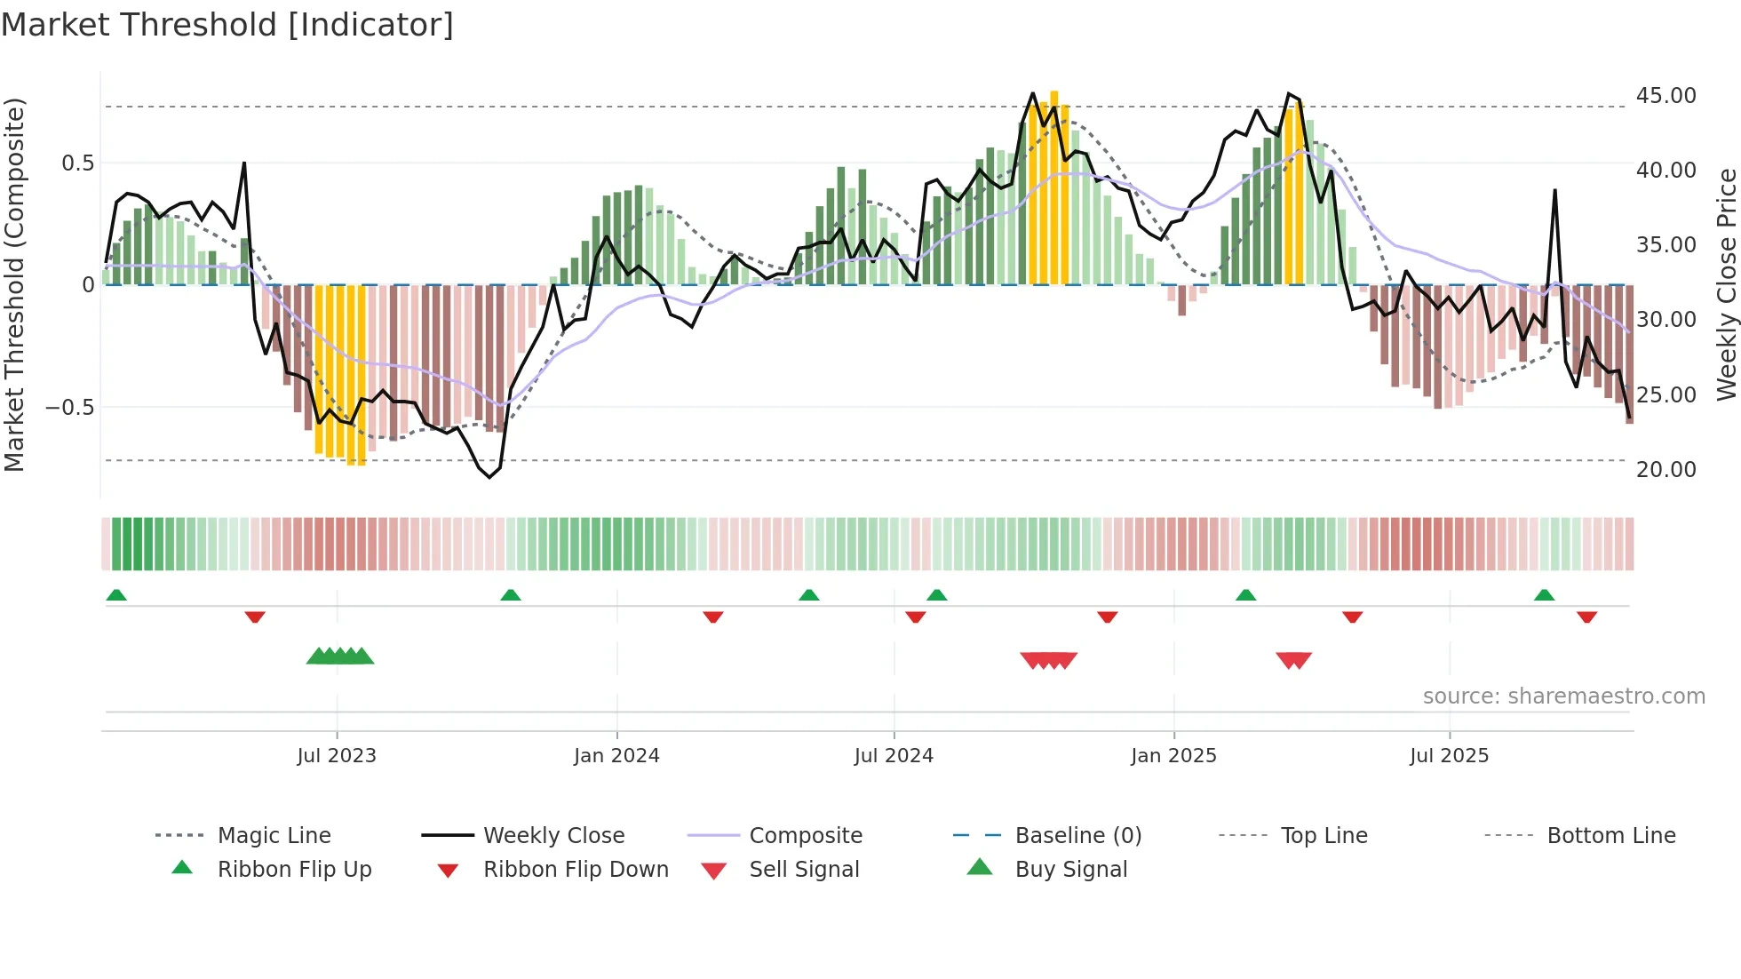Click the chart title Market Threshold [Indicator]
pyautogui.click(x=227, y=25)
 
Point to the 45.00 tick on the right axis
pyautogui.click(x=1665, y=96)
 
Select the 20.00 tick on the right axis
pyautogui.click(x=1665, y=469)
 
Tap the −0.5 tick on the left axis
pyautogui.click(x=69, y=408)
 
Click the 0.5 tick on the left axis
pyautogui.click(x=77, y=163)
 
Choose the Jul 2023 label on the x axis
pyautogui.click(x=337, y=756)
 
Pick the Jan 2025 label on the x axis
pyautogui.click(x=1173, y=756)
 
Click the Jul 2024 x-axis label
pyautogui.click(x=894, y=756)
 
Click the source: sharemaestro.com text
pyautogui.click(x=1563, y=696)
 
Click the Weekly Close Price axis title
pyautogui.click(x=1726, y=284)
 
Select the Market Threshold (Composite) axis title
pyautogui.click(x=14, y=284)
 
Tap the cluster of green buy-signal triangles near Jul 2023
pyautogui.click(x=340, y=657)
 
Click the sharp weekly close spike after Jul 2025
pyautogui.click(x=1554, y=191)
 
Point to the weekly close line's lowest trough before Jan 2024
pyautogui.click(x=489, y=477)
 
